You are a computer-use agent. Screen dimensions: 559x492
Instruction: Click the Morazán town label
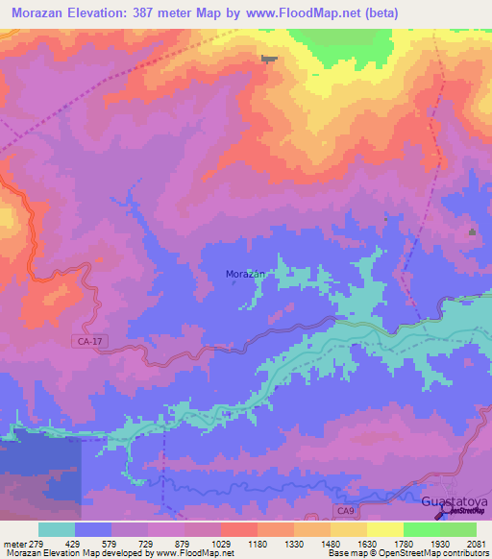(244, 274)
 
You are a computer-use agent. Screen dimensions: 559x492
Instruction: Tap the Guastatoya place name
(455, 502)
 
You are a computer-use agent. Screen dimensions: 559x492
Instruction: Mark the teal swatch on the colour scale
(57, 529)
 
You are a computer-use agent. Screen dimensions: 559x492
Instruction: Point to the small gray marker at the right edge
(472, 232)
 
